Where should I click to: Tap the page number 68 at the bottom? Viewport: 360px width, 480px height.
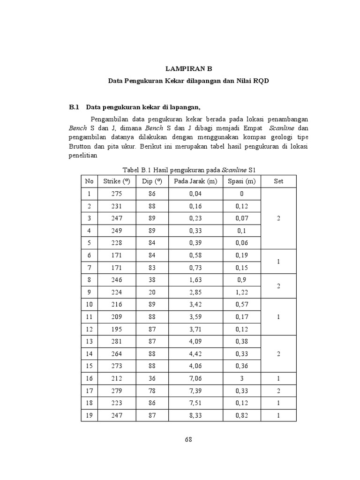coord(188,439)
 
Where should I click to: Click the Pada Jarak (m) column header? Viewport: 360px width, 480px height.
coord(195,181)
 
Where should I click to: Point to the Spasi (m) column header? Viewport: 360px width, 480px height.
coord(241,181)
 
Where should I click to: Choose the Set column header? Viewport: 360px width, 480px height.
coord(278,181)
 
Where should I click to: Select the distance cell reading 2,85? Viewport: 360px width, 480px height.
coord(195,292)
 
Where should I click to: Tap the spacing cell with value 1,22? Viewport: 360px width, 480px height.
coord(241,292)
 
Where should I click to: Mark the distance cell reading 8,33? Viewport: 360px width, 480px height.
coord(195,415)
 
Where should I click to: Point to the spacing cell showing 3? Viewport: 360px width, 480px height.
coord(241,378)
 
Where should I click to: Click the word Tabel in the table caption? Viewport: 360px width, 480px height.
coord(131,169)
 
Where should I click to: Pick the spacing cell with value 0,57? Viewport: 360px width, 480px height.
coord(241,304)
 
